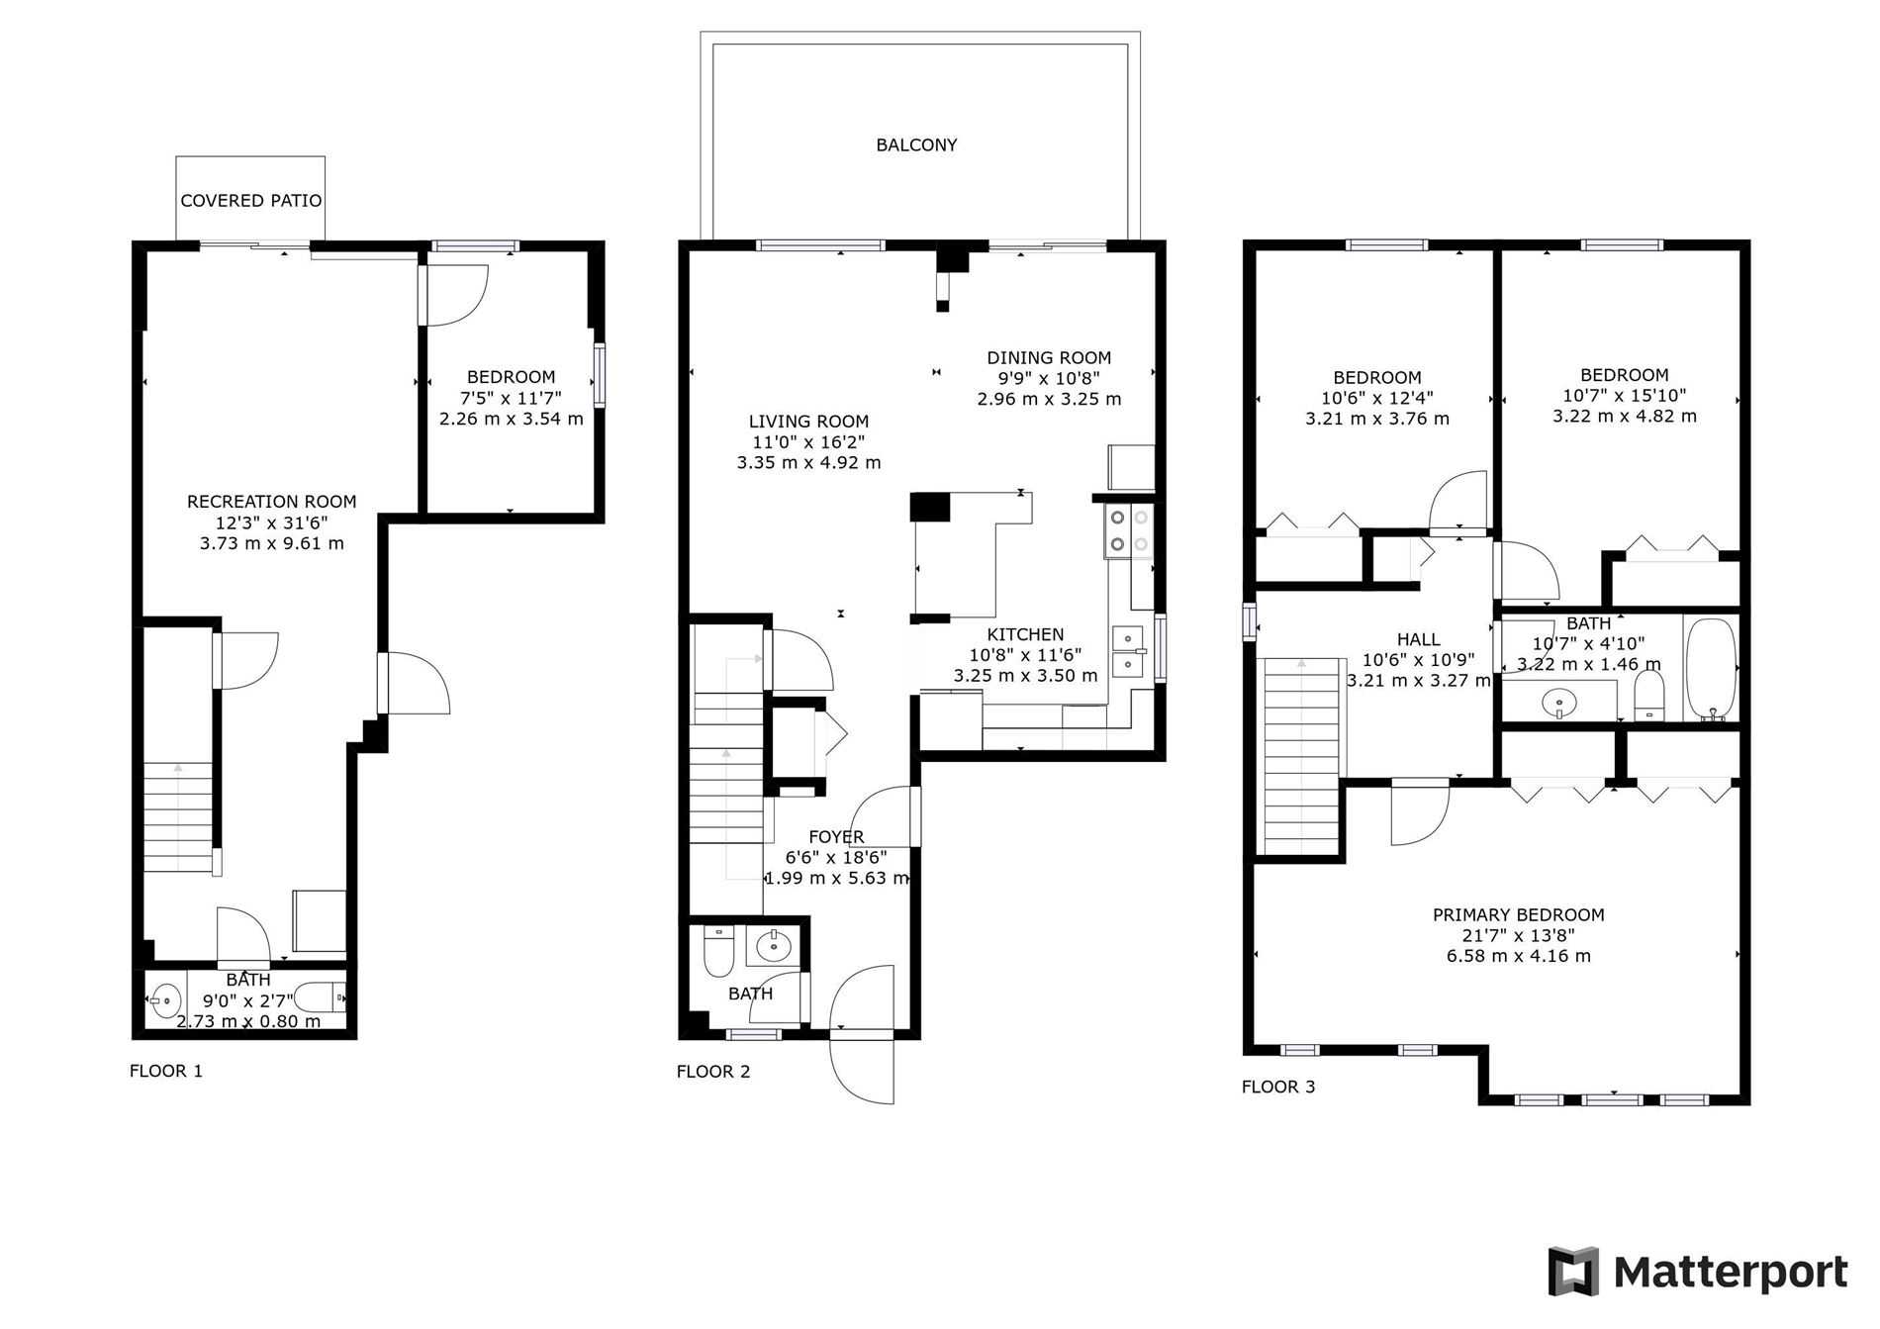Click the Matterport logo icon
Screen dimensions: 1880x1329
(x=1574, y=1271)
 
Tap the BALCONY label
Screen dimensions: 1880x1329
(x=916, y=145)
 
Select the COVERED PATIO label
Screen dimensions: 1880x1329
(x=251, y=201)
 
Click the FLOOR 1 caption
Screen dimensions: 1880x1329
(x=166, y=1071)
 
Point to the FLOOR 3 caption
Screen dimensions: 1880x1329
(x=1278, y=1087)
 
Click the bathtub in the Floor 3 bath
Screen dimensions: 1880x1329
(x=1710, y=669)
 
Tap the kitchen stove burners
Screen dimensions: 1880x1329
(x=1129, y=530)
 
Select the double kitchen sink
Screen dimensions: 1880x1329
(x=1128, y=650)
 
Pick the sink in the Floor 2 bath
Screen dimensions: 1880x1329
(x=774, y=947)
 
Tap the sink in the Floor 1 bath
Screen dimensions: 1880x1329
(x=165, y=1000)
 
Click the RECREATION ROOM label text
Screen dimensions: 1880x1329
(x=272, y=502)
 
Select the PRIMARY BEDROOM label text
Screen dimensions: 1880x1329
(x=1519, y=915)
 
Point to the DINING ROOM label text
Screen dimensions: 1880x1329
(x=1049, y=358)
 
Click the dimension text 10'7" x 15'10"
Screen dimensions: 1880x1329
(x=1625, y=396)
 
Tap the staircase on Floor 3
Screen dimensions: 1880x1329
(x=1302, y=755)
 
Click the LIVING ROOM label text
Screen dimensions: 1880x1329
(x=808, y=422)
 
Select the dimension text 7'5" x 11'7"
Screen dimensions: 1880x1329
(x=511, y=398)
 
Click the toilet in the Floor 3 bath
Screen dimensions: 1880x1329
(x=1648, y=697)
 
